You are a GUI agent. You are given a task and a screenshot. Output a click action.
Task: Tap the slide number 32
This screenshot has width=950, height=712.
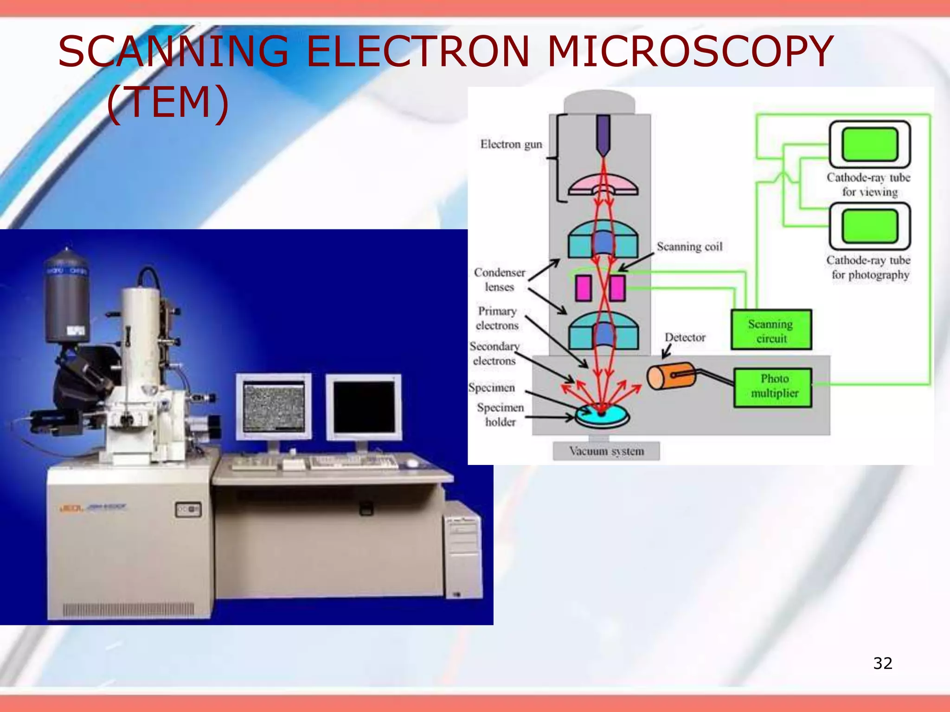pos(882,663)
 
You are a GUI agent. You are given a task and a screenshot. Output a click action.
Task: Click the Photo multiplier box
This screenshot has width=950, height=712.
pos(774,387)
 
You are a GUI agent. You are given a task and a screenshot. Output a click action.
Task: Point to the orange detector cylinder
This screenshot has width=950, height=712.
pos(671,376)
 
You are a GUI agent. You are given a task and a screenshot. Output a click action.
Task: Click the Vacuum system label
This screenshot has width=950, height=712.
pos(606,451)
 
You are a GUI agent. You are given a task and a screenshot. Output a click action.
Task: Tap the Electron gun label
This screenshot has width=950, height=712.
pos(511,145)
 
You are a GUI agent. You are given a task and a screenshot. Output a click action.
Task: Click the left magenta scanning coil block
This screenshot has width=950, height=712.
pos(584,288)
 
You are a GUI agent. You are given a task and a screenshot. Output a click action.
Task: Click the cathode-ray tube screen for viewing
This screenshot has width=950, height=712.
pos(869,145)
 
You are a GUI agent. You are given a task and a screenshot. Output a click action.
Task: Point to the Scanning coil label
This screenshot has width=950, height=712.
pos(689,247)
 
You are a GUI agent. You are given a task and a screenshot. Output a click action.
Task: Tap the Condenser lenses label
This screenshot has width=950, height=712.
pos(500,280)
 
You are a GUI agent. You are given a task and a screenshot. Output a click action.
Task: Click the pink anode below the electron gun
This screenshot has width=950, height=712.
pos(603,185)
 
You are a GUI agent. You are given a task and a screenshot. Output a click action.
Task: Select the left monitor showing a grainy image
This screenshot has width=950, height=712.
pos(274,406)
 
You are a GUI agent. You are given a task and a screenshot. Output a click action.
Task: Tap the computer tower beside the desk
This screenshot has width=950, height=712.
pos(462,552)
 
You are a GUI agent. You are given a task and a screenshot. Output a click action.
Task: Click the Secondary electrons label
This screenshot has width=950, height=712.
pos(494,354)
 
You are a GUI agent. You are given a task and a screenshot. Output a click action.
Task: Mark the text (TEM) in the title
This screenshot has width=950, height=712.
pos(168,102)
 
